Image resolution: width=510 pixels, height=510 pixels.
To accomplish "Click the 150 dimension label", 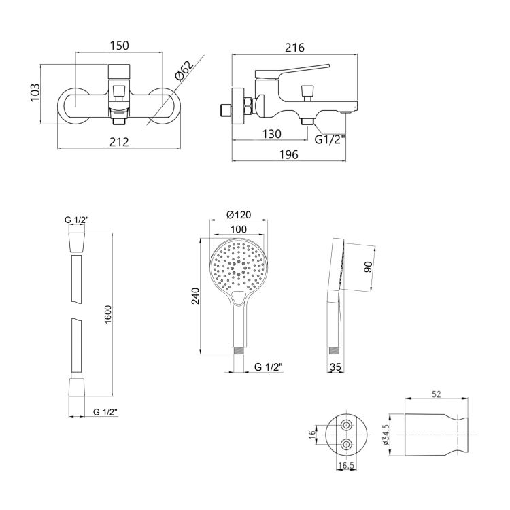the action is click(119, 46).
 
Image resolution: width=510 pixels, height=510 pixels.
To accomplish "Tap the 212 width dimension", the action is click(119, 142).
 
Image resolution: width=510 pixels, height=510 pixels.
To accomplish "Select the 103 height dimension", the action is click(35, 92).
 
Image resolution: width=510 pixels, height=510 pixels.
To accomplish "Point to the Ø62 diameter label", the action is click(184, 70).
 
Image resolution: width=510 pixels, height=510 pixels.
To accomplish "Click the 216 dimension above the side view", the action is click(294, 48).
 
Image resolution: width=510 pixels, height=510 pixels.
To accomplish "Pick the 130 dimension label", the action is click(271, 134).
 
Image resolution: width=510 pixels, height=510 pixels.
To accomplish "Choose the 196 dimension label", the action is click(289, 154).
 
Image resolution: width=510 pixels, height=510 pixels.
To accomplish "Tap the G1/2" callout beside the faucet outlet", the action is click(330, 139).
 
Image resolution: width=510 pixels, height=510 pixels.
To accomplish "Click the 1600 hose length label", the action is click(107, 314).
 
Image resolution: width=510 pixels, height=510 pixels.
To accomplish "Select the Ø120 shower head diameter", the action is click(239, 215).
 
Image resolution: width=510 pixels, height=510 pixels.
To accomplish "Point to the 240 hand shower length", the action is click(195, 296).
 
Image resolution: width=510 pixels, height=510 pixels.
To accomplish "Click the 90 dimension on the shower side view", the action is click(368, 267).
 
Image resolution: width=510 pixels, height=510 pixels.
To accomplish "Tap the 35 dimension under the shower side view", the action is click(335, 367).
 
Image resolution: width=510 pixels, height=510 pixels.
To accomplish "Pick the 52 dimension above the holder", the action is click(436, 394).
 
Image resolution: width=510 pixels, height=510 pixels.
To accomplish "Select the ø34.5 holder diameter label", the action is click(386, 435).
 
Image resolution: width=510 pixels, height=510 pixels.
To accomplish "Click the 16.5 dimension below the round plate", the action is click(345, 465).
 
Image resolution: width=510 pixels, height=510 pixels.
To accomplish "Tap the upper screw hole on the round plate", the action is click(346, 425).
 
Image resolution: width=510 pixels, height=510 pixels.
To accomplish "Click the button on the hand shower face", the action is click(239, 297).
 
